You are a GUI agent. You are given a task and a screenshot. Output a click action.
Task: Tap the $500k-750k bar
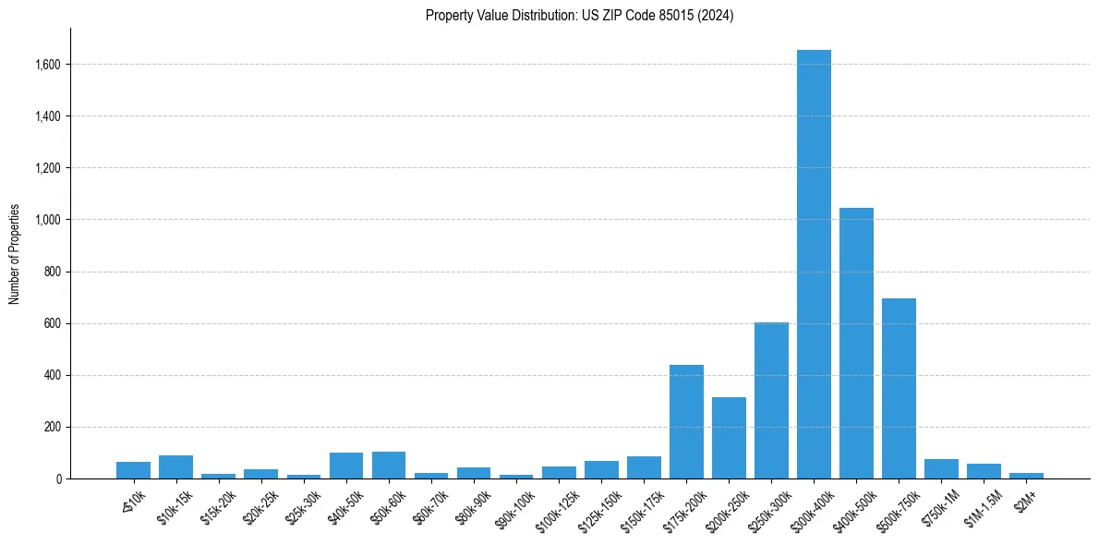(899, 388)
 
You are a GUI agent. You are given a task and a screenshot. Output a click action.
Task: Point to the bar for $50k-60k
(389, 466)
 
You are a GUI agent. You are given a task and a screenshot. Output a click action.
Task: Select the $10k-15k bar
(175, 467)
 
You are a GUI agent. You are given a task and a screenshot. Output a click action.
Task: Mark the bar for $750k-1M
(941, 469)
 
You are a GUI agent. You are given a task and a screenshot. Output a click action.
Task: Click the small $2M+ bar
(1026, 476)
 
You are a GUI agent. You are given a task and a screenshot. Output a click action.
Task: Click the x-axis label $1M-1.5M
(982, 503)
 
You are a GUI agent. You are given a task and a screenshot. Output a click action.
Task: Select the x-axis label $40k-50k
(344, 503)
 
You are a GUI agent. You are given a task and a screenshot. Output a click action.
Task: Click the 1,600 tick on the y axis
(48, 65)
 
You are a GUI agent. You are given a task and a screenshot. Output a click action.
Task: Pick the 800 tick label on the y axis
(53, 272)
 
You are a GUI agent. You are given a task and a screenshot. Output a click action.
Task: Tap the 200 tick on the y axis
(53, 427)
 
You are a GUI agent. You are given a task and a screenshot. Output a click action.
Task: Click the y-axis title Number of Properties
(15, 254)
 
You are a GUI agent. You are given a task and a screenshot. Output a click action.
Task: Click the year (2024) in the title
(717, 16)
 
